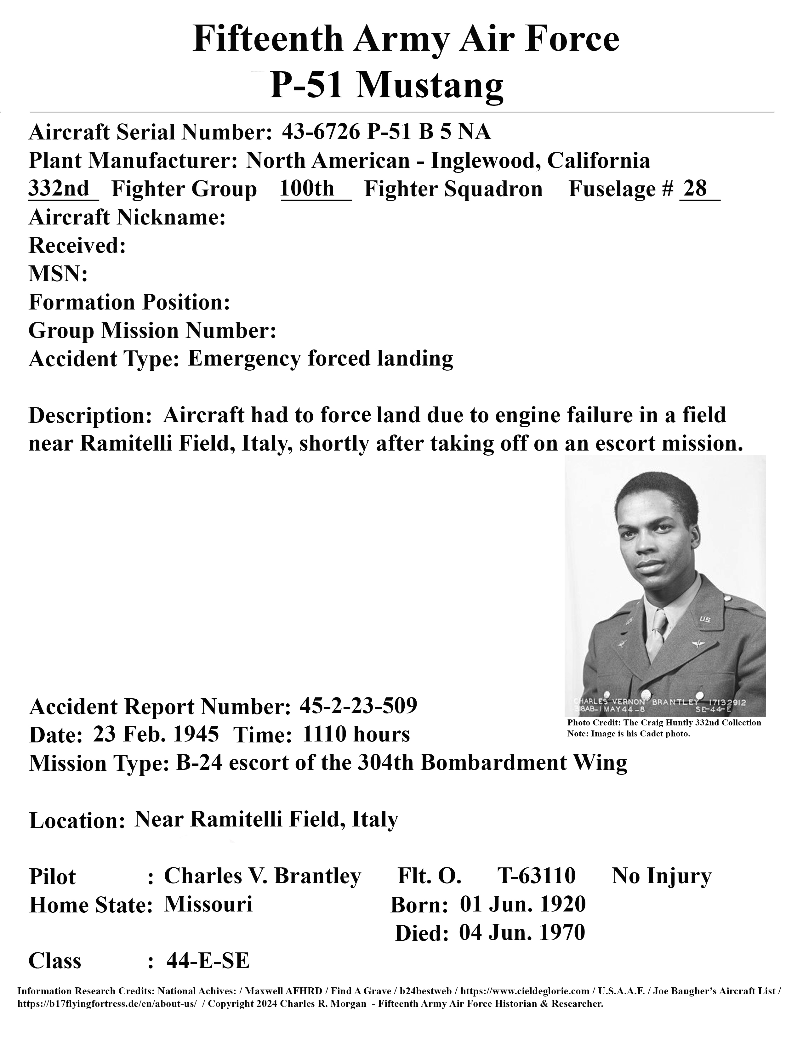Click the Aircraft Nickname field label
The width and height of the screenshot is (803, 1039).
(127, 218)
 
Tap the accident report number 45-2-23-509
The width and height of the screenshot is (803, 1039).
(358, 706)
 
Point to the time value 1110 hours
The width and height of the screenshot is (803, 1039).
(356, 734)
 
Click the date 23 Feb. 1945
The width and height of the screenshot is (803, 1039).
(156, 734)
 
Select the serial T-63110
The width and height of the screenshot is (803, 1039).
(536, 875)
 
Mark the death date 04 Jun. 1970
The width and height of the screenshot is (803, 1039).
(522, 933)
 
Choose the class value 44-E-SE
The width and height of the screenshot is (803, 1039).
(208, 961)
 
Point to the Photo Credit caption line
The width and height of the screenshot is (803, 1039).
(664, 723)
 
